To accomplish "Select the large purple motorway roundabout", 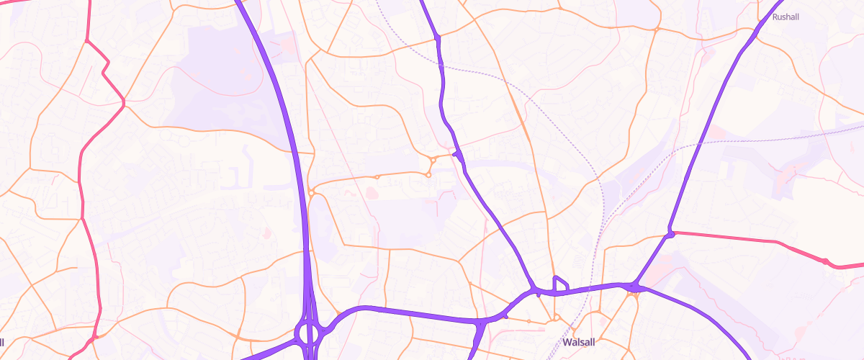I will click(x=310, y=333).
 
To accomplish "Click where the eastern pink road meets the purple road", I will click(x=670, y=232).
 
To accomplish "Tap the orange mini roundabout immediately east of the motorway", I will click(x=310, y=192).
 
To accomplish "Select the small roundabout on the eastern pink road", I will click(x=825, y=261).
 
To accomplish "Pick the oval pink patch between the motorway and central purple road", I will click(x=372, y=192).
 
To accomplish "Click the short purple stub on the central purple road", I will click(x=455, y=153).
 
